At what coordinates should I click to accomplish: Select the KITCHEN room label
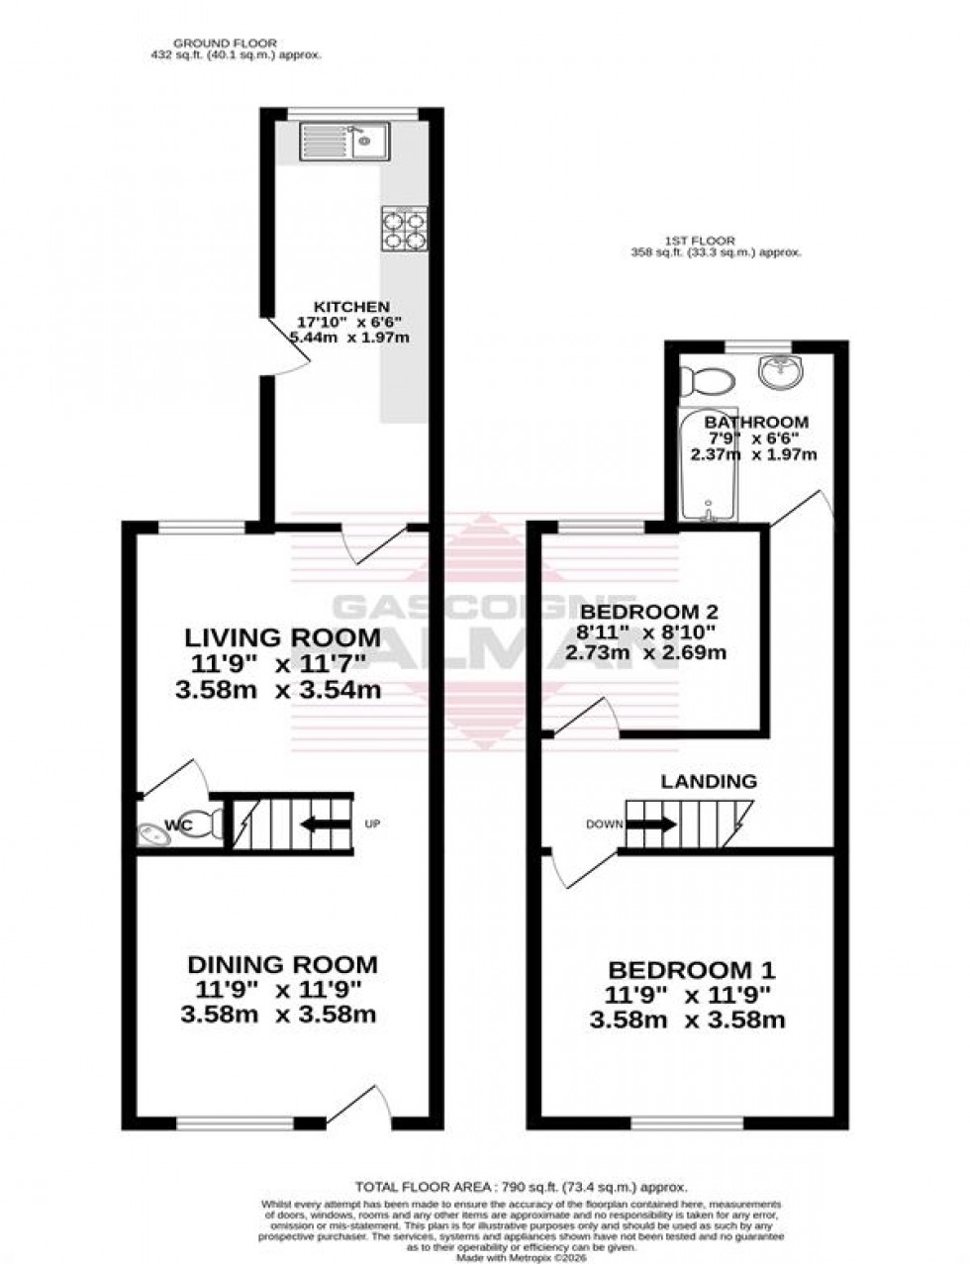click(x=351, y=307)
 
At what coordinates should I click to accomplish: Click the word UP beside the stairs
click(x=372, y=824)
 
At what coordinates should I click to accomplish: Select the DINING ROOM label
click(x=282, y=964)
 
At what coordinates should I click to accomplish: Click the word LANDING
click(x=709, y=781)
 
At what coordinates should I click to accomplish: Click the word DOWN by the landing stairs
click(x=603, y=824)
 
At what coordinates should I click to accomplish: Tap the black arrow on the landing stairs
click(x=652, y=824)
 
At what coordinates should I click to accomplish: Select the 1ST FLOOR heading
click(x=662, y=240)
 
